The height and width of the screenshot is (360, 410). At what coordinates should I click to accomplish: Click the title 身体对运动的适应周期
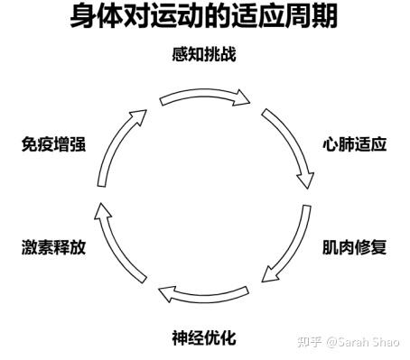[204, 16]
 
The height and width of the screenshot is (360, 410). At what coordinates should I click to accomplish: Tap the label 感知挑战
[204, 54]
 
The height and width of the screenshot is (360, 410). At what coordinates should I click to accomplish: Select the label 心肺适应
[354, 144]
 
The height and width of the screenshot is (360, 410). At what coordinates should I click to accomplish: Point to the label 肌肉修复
[354, 247]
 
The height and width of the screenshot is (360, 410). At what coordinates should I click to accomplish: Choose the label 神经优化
[204, 337]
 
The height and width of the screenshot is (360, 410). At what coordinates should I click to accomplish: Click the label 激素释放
[53, 247]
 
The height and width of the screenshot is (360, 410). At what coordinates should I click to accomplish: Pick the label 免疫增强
[53, 144]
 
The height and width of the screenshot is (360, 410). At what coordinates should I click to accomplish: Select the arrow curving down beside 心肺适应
[294, 143]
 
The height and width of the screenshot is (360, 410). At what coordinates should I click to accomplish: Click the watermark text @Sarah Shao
[363, 342]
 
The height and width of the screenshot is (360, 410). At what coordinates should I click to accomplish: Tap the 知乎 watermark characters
[310, 342]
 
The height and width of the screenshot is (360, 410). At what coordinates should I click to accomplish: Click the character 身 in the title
[83, 16]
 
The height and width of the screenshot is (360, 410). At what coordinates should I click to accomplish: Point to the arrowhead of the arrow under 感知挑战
[242, 97]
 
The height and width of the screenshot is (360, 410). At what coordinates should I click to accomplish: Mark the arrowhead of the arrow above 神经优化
[167, 294]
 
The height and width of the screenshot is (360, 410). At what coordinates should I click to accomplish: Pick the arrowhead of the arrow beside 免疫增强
[138, 117]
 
